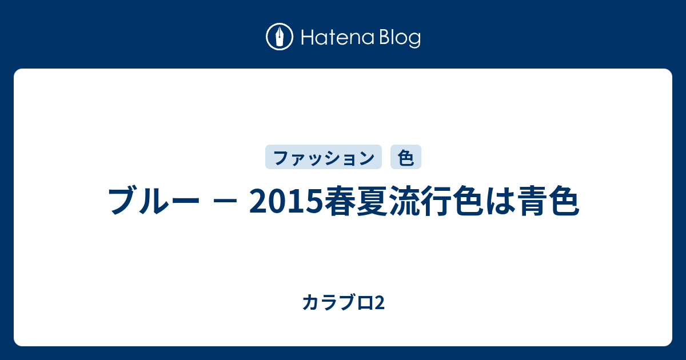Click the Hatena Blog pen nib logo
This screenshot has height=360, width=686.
(280, 37)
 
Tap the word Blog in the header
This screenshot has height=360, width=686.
(400, 38)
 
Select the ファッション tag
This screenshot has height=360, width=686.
(324, 157)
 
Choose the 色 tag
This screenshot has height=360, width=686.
(406, 157)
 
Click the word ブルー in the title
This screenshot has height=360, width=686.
(154, 201)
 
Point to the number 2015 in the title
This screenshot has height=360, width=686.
(286, 201)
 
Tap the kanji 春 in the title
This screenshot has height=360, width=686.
(340, 201)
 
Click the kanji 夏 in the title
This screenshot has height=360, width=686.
(372, 201)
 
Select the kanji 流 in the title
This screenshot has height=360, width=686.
(404, 201)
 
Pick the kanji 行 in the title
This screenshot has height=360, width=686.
(437, 201)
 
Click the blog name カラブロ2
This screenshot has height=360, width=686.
(344, 302)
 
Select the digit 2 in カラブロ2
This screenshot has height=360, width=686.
(380, 303)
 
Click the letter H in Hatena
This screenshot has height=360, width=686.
(307, 37)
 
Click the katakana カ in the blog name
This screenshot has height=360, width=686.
(310, 302)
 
